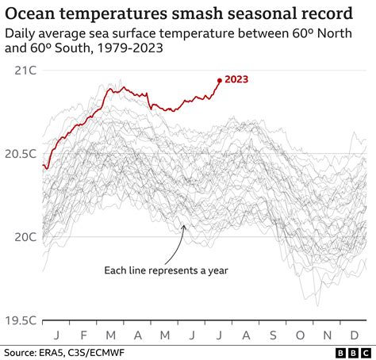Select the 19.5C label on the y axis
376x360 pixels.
(x=19, y=320)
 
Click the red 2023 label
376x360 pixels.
(x=238, y=79)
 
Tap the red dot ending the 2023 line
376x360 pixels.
(x=220, y=79)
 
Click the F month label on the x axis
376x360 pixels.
(x=85, y=335)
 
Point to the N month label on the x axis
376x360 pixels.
(x=327, y=335)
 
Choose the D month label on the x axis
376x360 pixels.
(x=354, y=335)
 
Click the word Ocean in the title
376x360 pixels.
(x=33, y=14)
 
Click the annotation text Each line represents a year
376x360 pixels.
(x=166, y=270)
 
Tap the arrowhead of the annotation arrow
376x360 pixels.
(x=184, y=227)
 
